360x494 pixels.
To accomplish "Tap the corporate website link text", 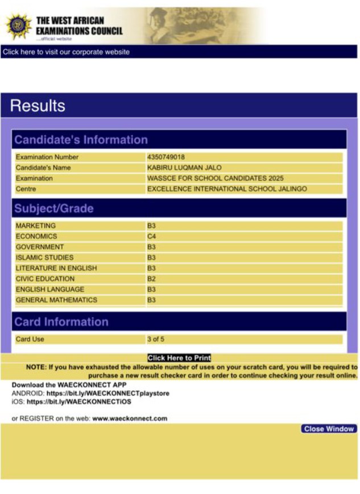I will [66, 52].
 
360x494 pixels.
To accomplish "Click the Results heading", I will [38, 106].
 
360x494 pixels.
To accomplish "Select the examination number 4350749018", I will [166, 157].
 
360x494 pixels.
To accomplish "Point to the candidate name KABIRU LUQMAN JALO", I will [184, 168].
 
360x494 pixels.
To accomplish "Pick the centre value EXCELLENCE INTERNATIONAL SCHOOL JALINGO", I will [227, 189].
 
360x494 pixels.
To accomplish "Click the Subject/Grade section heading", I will [54, 209].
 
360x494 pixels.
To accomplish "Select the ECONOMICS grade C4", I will [152, 236].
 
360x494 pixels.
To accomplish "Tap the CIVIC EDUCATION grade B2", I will [152, 279].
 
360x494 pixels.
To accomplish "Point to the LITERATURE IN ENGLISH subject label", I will [56, 268].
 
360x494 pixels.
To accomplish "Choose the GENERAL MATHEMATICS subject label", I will [56, 300].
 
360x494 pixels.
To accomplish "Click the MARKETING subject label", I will [36, 226].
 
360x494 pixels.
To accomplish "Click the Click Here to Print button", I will [179, 358].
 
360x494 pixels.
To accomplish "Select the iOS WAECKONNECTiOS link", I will [78, 401].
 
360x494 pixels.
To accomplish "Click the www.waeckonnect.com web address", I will [130, 418].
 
